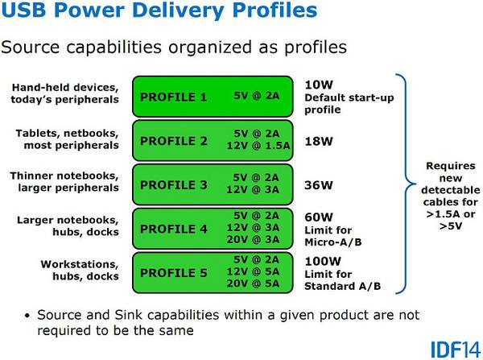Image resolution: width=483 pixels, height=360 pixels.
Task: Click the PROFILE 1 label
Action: click(x=173, y=97)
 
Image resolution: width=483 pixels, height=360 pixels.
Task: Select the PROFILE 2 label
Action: click(x=173, y=141)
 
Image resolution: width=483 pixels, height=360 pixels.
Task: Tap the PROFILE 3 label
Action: click(x=173, y=184)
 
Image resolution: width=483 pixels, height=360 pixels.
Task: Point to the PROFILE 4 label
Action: click(x=173, y=229)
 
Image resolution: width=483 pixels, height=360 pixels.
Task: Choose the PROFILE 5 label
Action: click(x=173, y=272)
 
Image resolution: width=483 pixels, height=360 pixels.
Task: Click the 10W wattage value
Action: click(x=320, y=84)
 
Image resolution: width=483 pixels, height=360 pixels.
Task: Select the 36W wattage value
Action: click(x=320, y=184)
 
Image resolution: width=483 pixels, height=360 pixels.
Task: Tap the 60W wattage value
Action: click(x=320, y=217)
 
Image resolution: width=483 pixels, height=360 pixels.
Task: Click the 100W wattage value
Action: click(x=324, y=260)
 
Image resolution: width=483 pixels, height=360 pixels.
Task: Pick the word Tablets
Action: click(x=35, y=132)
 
